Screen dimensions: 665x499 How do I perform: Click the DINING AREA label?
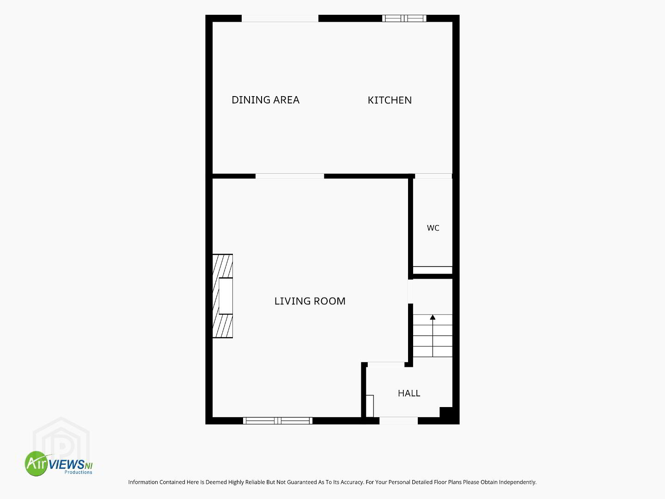pyautogui.click(x=265, y=100)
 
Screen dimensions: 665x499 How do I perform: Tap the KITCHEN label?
pyautogui.click(x=390, y=100)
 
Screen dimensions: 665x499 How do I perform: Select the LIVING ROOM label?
pyautogui.click(x=310, y=301)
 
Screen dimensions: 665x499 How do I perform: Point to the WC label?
pyautogui.click(x=433, y=228)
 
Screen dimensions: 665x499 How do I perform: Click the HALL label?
pyautogui.click(x=409, y=393)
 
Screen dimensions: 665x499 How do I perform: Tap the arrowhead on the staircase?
pyautogui.click(x=433, y=317)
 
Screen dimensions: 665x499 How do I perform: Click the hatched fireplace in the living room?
pyautogui.click(x=223, y=296)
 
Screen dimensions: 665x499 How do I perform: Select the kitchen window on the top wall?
pyautogui.click(x=404, y=18)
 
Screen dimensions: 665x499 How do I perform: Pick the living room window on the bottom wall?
pyautogui.click(x=278, y=420)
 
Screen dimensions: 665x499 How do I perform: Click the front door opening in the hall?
pyautogui.click(x=398, y=420)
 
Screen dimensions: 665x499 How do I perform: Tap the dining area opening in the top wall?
pyautogui.click(x=280, y=18)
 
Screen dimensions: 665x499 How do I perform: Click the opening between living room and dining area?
pyautogui.click(x=290, y=176)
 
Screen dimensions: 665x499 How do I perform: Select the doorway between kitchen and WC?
pyautogui.click(x=433, y=176)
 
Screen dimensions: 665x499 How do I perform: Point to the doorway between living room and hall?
pyautogui.click(x=386, y=365)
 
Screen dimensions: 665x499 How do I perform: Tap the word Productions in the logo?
pyautogui.click(x=78, y=472)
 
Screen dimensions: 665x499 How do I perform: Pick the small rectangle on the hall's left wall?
pyautogui.click(x=370, y=406)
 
